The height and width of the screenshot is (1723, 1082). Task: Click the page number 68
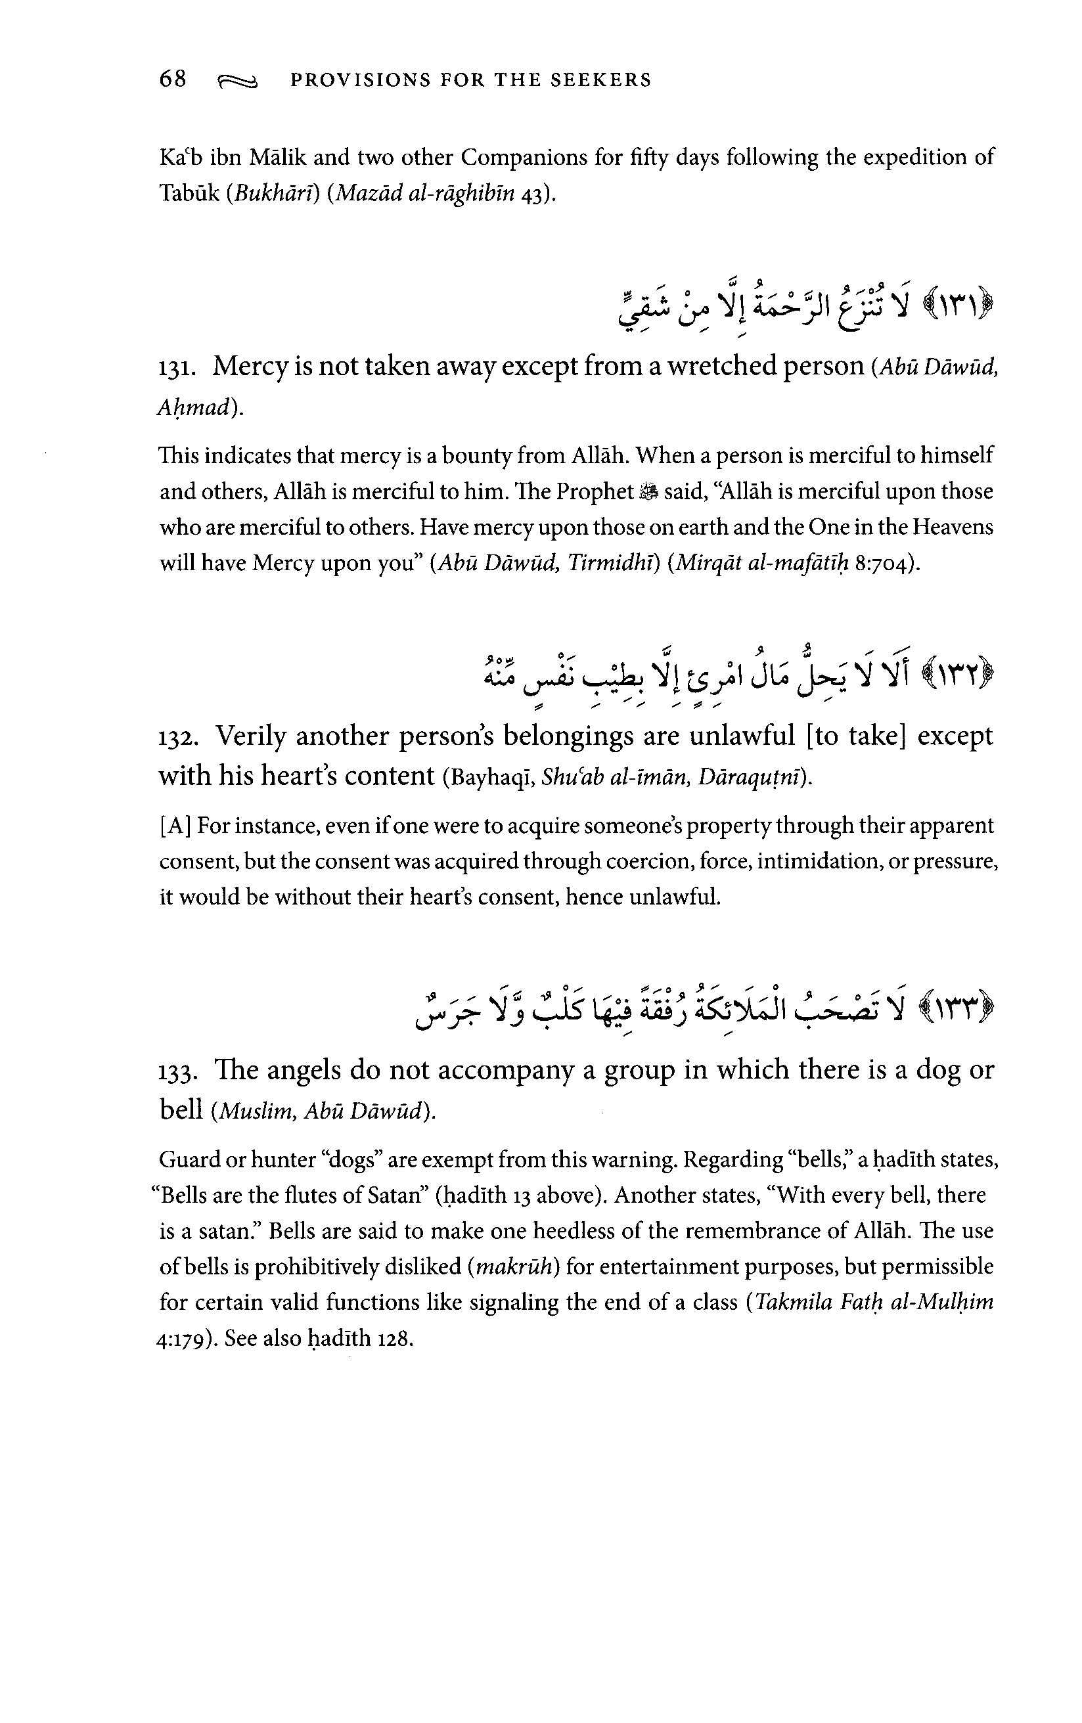[173, 79]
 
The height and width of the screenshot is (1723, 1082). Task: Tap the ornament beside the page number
[237, 81]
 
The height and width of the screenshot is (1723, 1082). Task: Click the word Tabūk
[189, 194]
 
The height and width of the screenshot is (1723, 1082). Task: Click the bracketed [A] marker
[175, 826]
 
